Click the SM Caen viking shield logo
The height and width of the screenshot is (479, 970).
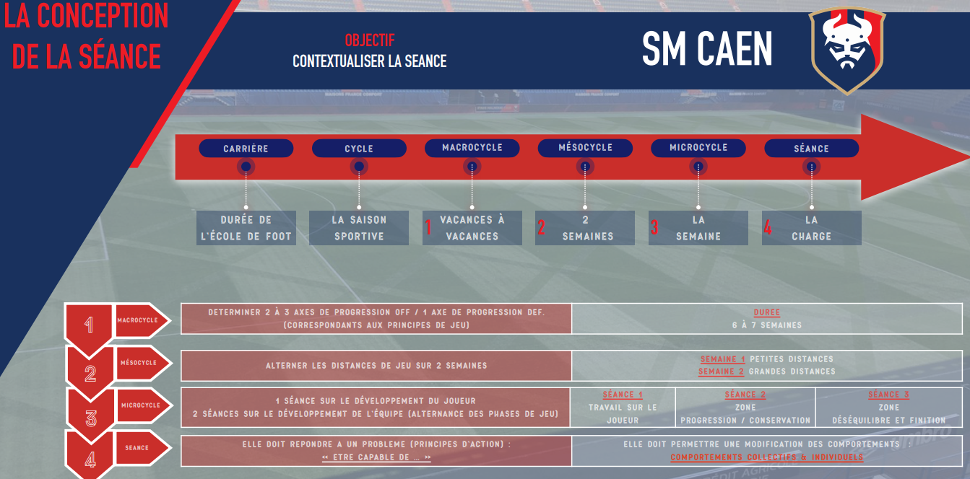pyautogui.click(x=847, y=50)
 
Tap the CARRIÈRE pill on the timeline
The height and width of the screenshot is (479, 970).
pyautogui.click(x=246, y=149)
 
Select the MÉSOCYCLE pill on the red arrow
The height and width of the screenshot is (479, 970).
pyautogui.click(x=585, y=148)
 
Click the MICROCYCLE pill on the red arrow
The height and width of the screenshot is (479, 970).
pyautogui.click(x=698, y=148)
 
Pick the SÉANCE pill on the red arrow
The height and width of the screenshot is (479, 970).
pyautogui.click(x=812, y=149)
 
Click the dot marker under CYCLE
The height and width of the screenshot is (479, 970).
pyautogui.click(x=359, y=167)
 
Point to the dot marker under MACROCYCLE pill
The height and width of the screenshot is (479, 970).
pyautogui.click(x=472, y=167)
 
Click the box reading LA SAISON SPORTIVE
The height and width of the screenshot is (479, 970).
pyautogui.click(x=359, y=228)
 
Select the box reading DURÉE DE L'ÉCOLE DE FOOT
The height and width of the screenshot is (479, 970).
pyautogui.click(x=246, y=228)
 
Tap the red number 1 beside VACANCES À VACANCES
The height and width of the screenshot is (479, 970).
pyautogui.click(x=428, y=227)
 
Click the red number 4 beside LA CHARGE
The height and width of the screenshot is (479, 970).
pyautogui.click(x=768, y=227)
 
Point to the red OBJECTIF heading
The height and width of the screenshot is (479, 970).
pyautogui.click(x=370, y=40)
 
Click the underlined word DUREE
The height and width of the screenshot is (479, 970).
pyautogui.click(x=767, y=312)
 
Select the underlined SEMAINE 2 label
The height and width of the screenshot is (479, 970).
pyautogui.click(x=721, y=372)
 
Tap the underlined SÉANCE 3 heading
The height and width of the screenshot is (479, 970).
pyautogui.click(x=888, y=395)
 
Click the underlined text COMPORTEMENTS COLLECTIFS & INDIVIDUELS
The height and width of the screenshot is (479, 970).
pyautogui.click(x=767, y=457)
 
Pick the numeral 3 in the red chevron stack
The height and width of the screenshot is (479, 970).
pyautogui.click(x=90, y=418)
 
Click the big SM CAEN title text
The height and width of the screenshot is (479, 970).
pyautogui.click(x=707, y=49)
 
